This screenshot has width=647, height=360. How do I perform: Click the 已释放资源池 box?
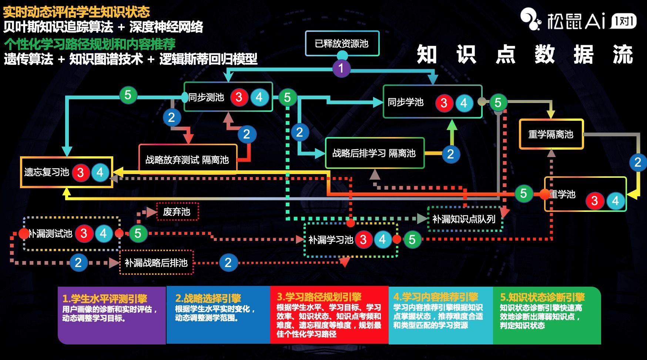pos(342,43)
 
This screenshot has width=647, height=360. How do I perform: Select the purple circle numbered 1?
pos(341,68)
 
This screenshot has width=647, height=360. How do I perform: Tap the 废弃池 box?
pos(177,212)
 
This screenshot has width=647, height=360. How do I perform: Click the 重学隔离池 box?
pos(551,134)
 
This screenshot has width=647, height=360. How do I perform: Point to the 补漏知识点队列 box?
pos(464,219)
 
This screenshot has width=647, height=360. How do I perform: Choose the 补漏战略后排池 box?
pos(156,263)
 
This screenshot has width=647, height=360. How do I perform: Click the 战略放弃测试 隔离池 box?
pos(187,160)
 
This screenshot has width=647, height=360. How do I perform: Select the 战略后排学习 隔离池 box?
pos(374,153)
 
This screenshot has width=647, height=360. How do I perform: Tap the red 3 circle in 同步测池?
pos(239,97)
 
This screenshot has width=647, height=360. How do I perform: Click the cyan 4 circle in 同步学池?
pos(464,103)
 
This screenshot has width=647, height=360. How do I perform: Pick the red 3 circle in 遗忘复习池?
pos(80,172)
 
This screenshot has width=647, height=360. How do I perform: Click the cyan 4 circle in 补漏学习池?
pos(382,240)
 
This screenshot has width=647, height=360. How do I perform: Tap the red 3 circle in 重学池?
pos(594,201)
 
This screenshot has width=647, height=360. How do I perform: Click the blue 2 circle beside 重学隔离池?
pos(637,162)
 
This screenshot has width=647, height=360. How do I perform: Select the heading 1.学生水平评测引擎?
pos(105,299)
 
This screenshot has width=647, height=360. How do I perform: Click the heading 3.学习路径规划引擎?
pos(319,297)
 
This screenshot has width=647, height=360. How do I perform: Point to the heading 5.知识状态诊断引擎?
pos(542,297)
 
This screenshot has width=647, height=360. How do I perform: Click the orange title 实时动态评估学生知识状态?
pos(76,12)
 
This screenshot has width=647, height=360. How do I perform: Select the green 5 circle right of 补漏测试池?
pos(138,233)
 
